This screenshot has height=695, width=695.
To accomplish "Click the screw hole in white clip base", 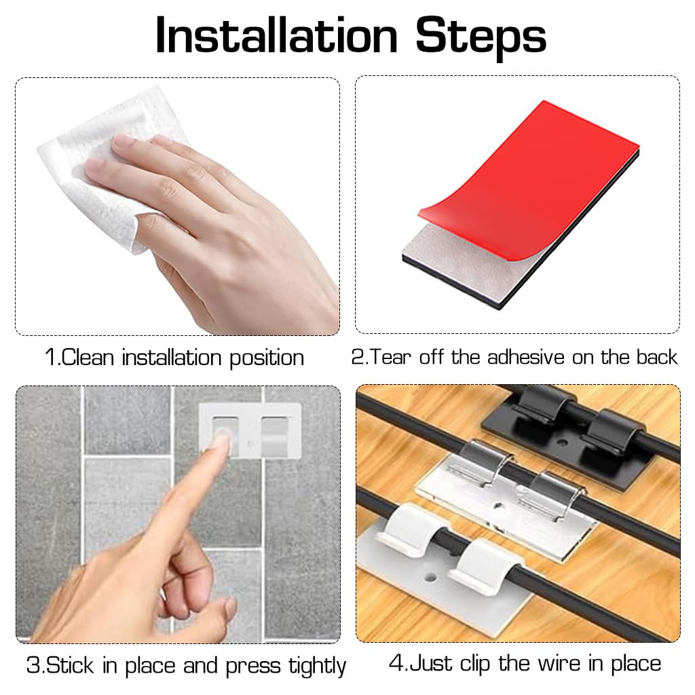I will click(x=430, y=579).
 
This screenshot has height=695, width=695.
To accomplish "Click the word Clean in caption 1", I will click(x=89, y=358).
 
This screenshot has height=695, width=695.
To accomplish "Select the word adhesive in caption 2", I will click(x=526, y=357).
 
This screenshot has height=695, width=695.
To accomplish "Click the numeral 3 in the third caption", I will click(x=33, y=666).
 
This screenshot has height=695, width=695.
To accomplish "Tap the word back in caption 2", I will click(x=656, y=357).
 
